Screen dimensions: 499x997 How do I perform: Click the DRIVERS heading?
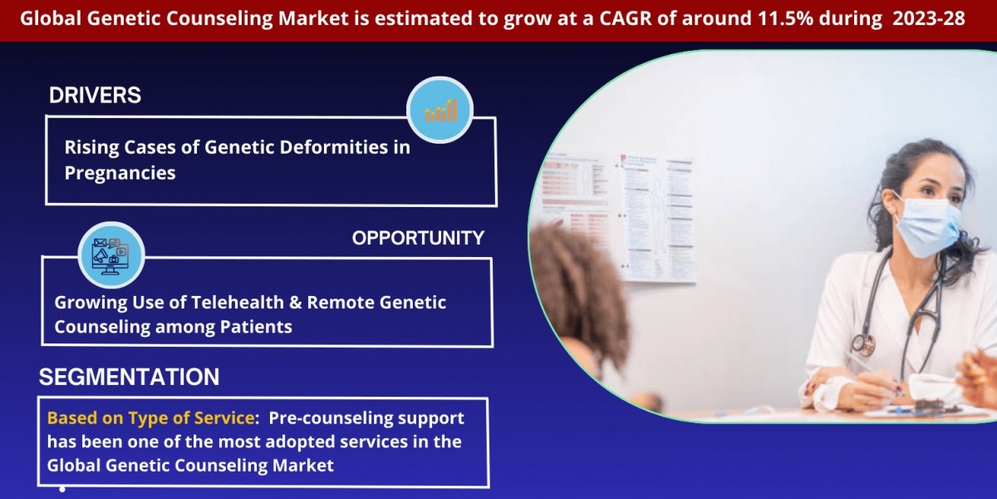[x=95, y=96]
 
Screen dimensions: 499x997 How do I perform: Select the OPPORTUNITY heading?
[x=418, y=238]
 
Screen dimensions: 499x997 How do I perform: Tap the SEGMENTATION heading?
[x=129, y=378]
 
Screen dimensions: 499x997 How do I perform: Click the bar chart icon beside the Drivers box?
[x=440, y=111]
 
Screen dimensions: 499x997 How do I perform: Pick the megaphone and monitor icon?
[x=111, y=254]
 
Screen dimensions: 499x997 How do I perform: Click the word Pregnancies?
[x=120, y=173]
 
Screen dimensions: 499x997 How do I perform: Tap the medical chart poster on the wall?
[x=657, y=216]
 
